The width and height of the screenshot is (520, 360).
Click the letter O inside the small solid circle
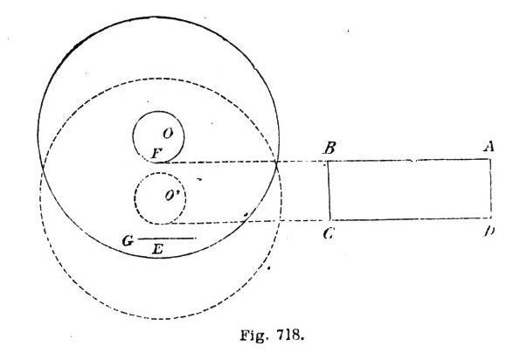click(168, 134)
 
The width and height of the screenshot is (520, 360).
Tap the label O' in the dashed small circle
click(172, 196)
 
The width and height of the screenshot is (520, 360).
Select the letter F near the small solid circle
click(156, 154)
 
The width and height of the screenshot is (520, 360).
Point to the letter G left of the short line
click(128, 240)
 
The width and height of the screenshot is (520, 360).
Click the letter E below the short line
click(158, 249)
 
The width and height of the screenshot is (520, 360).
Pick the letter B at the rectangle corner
click(330, 148)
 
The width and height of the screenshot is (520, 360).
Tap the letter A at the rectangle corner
click(489, 146)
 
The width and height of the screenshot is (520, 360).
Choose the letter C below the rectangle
click(329, 234)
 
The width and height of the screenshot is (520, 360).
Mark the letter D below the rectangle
click(489, 231)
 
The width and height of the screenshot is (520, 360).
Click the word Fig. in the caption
click(253, 336)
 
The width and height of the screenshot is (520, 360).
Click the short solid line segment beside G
click(167, 239)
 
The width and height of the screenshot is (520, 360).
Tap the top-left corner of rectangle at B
click(328, 161)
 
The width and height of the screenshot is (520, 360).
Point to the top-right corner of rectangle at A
click(490, 159)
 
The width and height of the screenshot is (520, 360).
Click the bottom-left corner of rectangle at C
click(330, 220)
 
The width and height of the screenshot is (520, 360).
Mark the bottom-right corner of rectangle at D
click(491, 218)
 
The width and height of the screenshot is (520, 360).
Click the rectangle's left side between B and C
click(329, 190)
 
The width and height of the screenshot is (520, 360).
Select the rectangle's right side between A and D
click(491, 189)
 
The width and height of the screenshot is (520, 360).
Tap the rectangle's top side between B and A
click(409, 160)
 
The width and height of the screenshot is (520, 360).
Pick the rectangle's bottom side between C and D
click(411, 218)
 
